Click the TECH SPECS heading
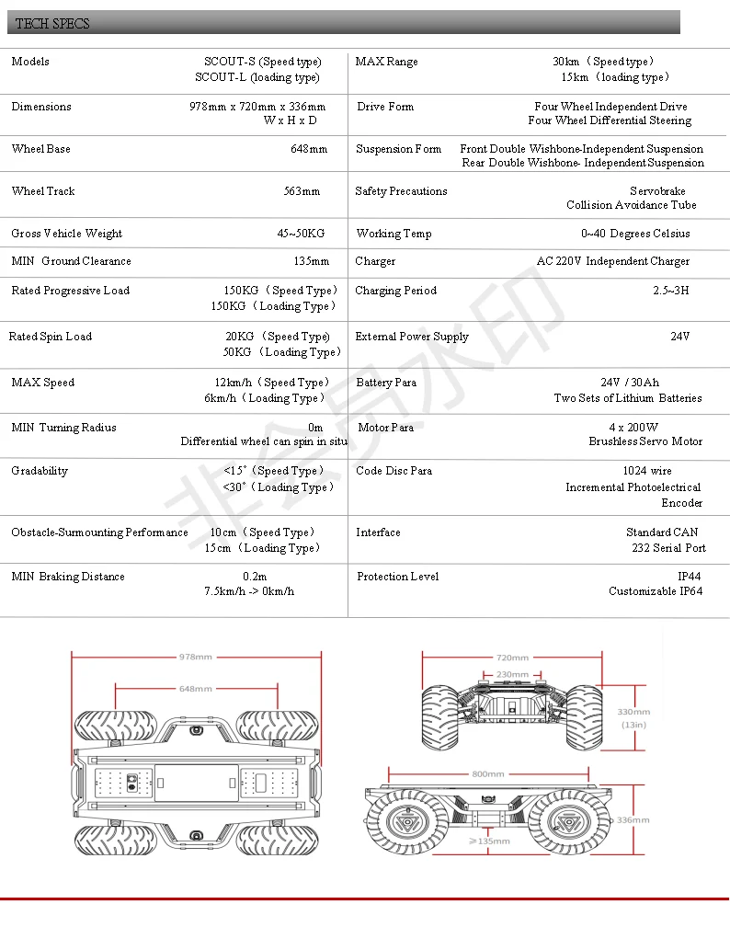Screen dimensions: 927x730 pyautogui.click(x=53, y=23)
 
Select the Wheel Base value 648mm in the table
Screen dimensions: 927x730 pyautogui.click(x=309, y=149)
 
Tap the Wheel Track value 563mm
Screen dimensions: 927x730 pyautogui.click(x=302, y=191)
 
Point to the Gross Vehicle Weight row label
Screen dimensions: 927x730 pyautogui.click(x=66, y=234)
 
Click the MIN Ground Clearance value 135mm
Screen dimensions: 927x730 pyautogui.click(x=311, y=261)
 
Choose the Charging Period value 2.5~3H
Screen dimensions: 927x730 pyautogui.click(x=670, y=291)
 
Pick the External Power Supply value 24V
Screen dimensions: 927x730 pyautogui.click(x=679, y=337)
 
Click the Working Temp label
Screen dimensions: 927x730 pyautogui.click(x=394, y=234)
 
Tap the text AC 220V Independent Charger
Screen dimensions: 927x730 pyautogui.click(x=613, y=261)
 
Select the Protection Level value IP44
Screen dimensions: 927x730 pyautogui.click(x=690, y=577)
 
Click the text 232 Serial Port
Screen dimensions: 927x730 pyautogui.click(x=668, y=548)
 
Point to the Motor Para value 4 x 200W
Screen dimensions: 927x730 pyautogui.click(x=633, y=428)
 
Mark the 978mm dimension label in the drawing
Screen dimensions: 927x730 pyautogui.click(x=196, y=657)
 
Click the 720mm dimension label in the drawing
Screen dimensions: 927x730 pyautogui.click(x=512, y=658)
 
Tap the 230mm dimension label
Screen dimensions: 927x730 pyautogui.click(x=512, y=674)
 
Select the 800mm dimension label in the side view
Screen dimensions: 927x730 pyautogui.click(x=487, y=773)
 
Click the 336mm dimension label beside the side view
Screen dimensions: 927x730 pyautogui.click(x=633, y=819)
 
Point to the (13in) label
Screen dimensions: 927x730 pyautogui.click(x=633, y=725)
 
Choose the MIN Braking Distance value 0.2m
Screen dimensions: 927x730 pyautogui.click(x=255, y=577)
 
